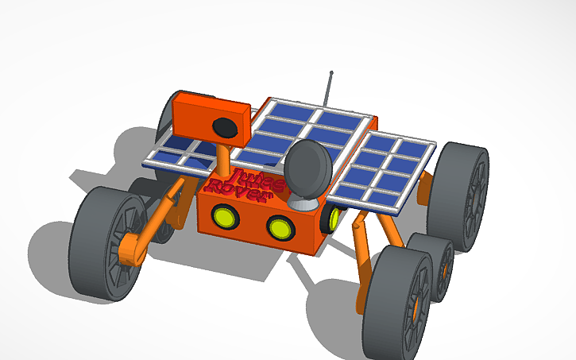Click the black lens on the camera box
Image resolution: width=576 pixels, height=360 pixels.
coord(226,126)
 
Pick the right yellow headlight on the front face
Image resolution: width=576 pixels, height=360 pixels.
coord(280,227)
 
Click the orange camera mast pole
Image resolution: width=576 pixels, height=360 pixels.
coord(225,160)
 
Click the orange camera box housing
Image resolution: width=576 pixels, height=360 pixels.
coord(199,119)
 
